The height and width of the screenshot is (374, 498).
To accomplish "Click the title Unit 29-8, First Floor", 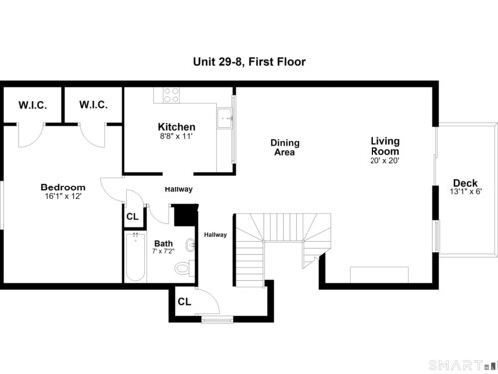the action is (249, 62).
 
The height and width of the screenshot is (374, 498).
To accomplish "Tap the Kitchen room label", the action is (176, 127).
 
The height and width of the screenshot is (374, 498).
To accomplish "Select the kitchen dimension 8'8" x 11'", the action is (176, 136).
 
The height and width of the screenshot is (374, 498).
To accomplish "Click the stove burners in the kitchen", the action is (172, 95).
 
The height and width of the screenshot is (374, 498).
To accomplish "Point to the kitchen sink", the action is (225, 118).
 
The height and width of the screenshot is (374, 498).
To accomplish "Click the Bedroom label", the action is (63, 187).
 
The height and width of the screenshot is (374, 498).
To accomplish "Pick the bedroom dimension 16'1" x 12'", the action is (63, 196).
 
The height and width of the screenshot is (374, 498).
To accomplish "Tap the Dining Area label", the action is (285, 147).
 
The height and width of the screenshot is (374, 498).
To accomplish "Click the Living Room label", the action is (385, 146).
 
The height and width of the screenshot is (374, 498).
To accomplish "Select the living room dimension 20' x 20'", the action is (384, 160).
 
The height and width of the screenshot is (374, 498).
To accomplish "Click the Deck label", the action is (465, 183).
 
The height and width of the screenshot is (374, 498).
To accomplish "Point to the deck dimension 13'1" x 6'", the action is (466, 191).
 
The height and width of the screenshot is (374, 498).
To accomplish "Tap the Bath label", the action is (163, 243).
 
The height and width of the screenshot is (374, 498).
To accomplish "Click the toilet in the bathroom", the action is (184, 268).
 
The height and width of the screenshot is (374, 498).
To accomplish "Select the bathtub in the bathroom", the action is (136, 257).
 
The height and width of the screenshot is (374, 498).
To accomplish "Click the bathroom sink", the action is (190, 245).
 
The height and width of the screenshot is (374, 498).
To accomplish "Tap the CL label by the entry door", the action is (184, 302).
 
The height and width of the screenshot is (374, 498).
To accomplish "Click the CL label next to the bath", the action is (132, 217).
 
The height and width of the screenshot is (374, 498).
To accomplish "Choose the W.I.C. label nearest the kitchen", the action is (93, 105).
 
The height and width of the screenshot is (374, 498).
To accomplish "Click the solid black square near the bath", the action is (186, 215).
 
